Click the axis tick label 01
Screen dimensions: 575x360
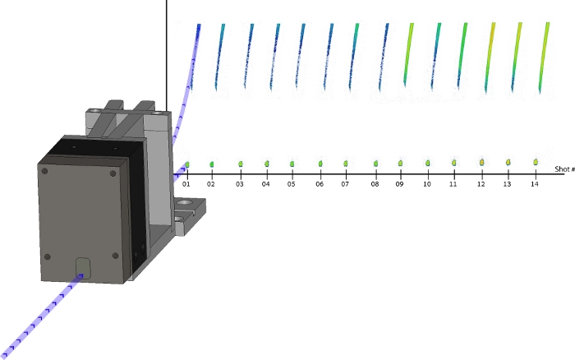tap(186, 184)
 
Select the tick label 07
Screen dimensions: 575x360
tap(345, 184)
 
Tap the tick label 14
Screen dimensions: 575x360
tap(535, 184)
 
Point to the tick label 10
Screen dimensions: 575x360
tap(427, 184)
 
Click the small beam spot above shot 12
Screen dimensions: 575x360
tap(482, 162)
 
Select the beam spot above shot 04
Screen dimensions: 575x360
tap(267, 164)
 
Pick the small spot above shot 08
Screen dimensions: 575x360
tap(376, 164)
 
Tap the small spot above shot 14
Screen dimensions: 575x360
tap(536, 161)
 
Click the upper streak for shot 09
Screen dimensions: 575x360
tap(408, 53)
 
